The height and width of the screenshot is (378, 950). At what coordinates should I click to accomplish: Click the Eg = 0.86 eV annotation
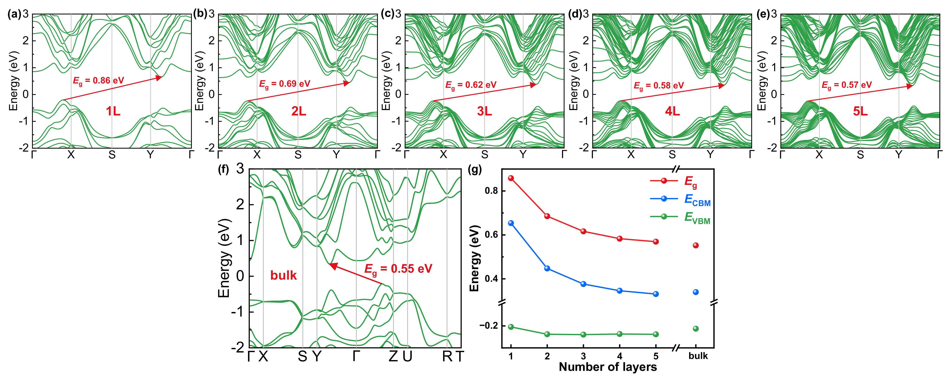pyautogui.click(x=98, y=81)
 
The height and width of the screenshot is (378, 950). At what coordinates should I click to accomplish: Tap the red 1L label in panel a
pyautogui.click(x=113, y=111)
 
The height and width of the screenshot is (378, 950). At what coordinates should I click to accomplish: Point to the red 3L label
pyautogui.click(x=484, y=111)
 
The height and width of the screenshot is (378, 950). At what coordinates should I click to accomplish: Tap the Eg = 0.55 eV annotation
pyautogui.click(x=398, y=269)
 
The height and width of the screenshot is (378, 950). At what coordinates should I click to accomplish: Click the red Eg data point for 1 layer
pyautogui.click(x=511, y=178)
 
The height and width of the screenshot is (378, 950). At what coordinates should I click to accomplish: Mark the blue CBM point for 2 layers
pyautogui.click(x=547, y=269)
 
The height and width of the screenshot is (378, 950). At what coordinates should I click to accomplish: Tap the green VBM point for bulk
pyautogui.click(x=696, y=328)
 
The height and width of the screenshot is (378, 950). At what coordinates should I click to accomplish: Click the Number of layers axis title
pyautogui.click(x=608, y=367)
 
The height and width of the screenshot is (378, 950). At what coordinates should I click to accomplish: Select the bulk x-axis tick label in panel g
pyautogui.click(x=698, y=356)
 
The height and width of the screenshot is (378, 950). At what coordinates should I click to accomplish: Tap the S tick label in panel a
pyautogui.click(x=112, y=155)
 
